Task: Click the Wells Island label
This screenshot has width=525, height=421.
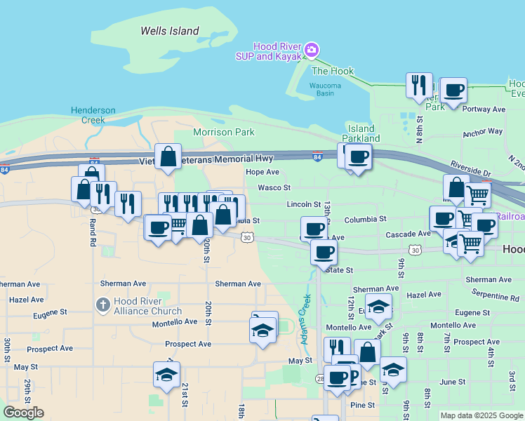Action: (x=170, y=31)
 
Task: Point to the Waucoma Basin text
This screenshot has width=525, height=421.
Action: (x=326, y=90)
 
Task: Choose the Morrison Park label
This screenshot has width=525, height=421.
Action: (x=223, y=132)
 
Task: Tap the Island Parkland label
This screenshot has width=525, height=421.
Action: (x=361, y=133)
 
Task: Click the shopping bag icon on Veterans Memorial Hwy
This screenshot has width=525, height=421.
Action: (x=168, y=157)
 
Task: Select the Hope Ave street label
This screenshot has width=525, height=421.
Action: (x=262, y=172)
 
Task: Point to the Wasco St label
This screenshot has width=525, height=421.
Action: (x=274, y=188)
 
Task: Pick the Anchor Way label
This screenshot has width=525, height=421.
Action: (x=483, y=131)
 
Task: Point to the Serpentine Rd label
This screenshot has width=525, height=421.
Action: (x=495, y=298)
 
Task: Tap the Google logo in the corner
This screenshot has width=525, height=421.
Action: (x=23, y=413)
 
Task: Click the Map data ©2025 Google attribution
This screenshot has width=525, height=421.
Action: (x=481, y=415)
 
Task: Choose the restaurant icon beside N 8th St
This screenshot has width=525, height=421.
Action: (x=419, y=85)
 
